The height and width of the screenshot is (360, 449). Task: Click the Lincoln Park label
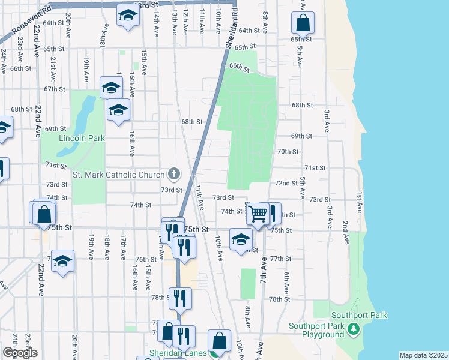(82, 139)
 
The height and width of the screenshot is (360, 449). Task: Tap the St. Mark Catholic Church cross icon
(174, 175)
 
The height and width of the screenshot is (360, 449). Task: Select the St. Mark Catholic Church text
(118, 175)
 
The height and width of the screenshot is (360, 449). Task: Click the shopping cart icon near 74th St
(258, 213)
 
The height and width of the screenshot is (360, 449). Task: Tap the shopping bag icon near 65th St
(303, 24)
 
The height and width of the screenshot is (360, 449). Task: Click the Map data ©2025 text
(423, 355)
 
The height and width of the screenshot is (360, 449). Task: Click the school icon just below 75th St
(240, 239)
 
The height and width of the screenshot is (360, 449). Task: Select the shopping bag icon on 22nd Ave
(44, 214)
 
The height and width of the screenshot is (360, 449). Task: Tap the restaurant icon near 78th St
(179, 298)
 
